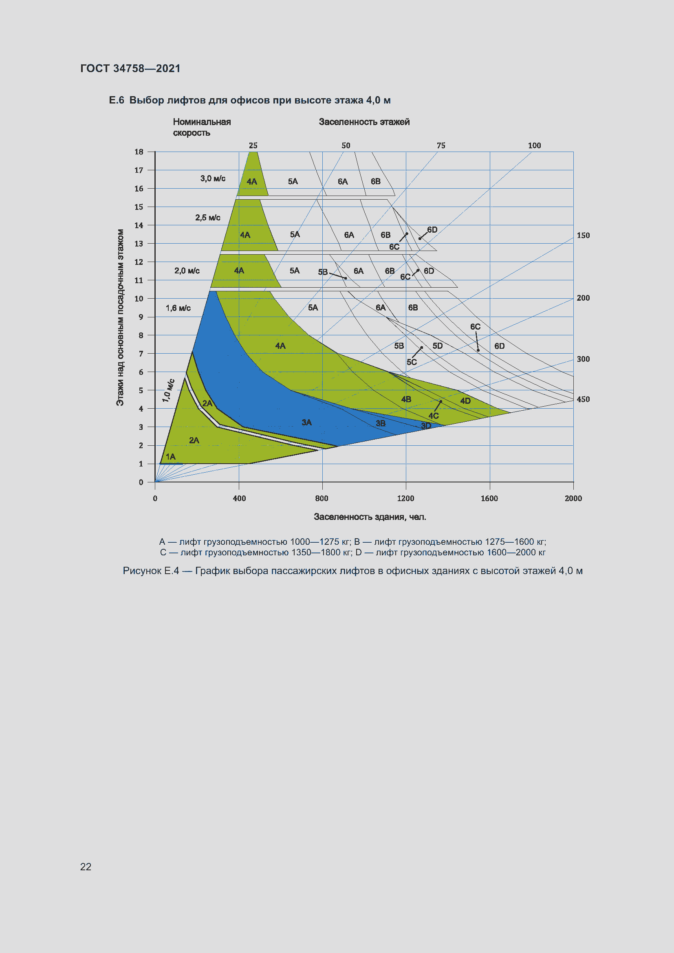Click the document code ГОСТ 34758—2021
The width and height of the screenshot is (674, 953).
click(x=130, y=68)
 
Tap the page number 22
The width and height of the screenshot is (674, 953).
click(x=86, y=866)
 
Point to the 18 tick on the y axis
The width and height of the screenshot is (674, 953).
click(x=139, y=152)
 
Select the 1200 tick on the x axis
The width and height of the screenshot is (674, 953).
click(x=405, y=498)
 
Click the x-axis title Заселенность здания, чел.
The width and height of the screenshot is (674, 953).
click(x=370, y=517)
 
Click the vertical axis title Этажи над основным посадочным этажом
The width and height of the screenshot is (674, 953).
click(x=120, y=317)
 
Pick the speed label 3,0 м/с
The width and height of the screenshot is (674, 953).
click(x=213, y=178)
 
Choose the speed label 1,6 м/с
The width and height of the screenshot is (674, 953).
click(x=178, y=308)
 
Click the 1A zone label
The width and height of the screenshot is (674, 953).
click(x=171, y=457)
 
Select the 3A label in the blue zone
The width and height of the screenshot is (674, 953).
click(x=306, y=422)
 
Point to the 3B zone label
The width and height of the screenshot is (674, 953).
click(x=381, y=423)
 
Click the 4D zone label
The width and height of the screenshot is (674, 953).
click(x=465, y=401)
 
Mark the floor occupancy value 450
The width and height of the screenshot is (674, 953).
click(x=583, y=399)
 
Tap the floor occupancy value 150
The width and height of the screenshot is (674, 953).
click(x=583, y=235)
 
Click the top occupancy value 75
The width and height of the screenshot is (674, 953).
click(x=441, y=146)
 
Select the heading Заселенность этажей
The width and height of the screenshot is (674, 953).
click(x=364, y=122)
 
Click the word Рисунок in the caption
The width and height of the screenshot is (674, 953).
click(x=141, y=571)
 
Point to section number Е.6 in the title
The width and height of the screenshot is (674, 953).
click(x=116, y=101)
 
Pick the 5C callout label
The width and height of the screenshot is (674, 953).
click(x=411, y=362)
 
